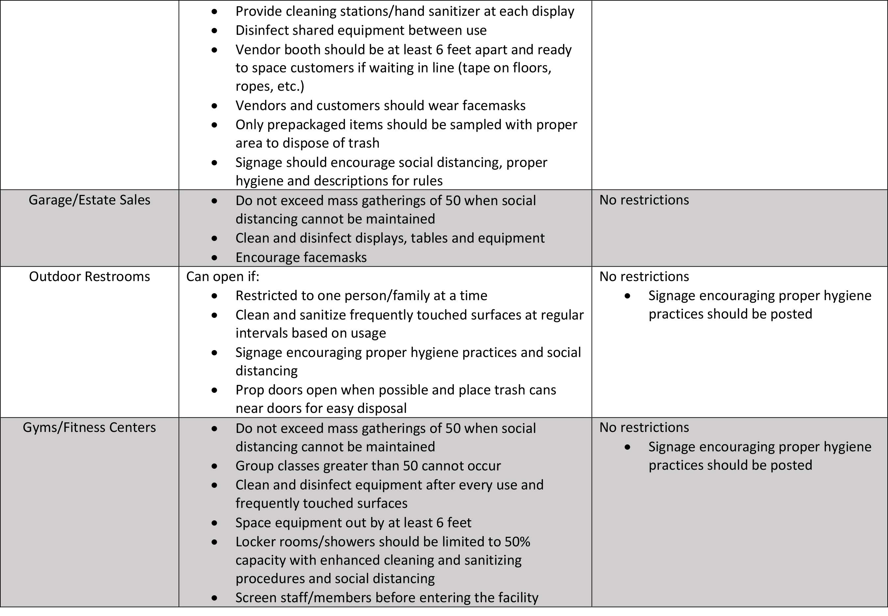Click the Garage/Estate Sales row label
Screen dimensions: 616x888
tap(89, 200)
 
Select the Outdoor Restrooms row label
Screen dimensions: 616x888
tap(89, 277)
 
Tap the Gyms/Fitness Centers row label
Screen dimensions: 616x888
tap(89, 428)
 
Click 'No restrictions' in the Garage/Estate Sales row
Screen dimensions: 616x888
tap(644, 200)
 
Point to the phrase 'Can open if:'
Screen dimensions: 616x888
tap(223, 277)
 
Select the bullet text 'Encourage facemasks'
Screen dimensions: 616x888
tap(301, 257)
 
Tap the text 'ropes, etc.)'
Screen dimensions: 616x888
tap(270, 86)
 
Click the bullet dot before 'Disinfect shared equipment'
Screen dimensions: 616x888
tap(215, 31)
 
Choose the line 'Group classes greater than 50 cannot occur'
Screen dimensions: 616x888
tap(368, 466)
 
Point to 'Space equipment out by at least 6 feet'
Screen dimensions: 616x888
tap(353, 523)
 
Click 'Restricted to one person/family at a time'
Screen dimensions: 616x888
tap(361, 296)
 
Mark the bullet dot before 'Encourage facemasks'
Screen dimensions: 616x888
tap(215, 258)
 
